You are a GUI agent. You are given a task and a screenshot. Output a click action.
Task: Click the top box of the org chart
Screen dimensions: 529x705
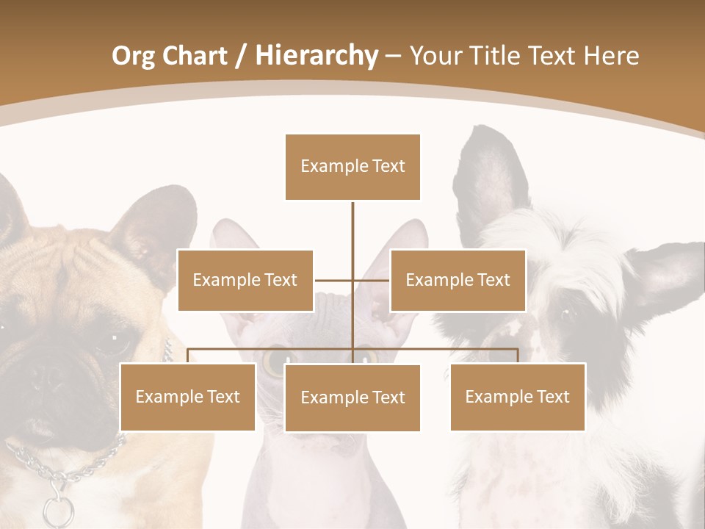pyautogui.click(x=352, y=167)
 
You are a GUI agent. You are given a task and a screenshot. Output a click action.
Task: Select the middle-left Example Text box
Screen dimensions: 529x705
pyautogui.click(x=245, y=280)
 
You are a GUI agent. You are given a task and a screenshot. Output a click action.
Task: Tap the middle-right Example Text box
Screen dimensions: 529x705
pyautogui.click(x=458, y=280)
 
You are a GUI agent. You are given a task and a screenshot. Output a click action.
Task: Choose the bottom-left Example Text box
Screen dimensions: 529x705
pyautogui.click(x=187, y=397)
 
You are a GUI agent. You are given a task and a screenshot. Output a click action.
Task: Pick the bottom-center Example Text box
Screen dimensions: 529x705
pyautogui.click(x=352, y=397)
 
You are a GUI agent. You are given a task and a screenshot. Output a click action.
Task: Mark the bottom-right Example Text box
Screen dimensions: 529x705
pyautogui.click(x=517, y=397)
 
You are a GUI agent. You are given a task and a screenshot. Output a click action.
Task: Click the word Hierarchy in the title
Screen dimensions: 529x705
pyautogui.click(x=317, y=56)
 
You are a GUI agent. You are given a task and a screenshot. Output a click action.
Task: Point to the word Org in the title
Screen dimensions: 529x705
pyautogui.click(x=134, y=56)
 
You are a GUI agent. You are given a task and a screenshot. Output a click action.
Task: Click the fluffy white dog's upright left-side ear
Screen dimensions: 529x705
pyautogui.click(x=491, y=180)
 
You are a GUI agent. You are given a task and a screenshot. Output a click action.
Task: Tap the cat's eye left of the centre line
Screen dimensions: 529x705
pyautogui.click(x=278, y=360)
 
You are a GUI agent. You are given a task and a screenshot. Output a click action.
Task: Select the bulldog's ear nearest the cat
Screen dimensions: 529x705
pyautogui.click(x=158, y=228)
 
